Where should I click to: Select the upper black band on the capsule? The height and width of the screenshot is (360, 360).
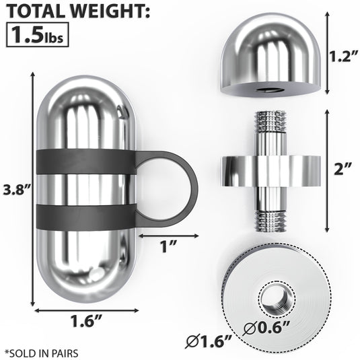click(x=84, y=161)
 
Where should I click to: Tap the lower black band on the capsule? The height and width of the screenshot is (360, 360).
click(x=84, y=216)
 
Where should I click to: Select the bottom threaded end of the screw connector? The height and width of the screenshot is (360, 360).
click(x=267, y=217)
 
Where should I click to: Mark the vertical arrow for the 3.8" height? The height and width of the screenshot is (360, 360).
click(x=32, y=188)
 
